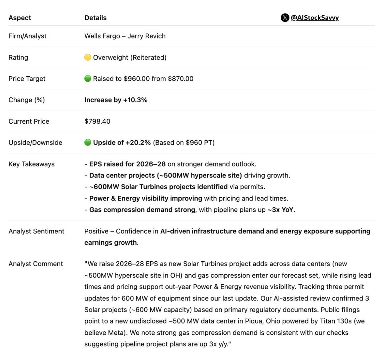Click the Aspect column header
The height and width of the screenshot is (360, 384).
point(20,18)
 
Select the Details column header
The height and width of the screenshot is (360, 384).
point(95,18)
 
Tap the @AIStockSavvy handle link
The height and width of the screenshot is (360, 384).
point(315,18)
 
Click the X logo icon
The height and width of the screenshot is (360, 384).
point(285,18)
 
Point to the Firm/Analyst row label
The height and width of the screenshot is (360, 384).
point(27,36)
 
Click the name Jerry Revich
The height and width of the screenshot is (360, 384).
point(147,36)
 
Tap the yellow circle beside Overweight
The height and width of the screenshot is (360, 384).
point(88,57)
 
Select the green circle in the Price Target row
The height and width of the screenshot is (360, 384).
point(88,78)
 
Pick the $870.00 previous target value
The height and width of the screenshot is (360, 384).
point(180,79)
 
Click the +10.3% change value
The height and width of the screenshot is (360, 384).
point(135,100)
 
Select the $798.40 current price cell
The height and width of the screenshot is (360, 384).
point(97,121)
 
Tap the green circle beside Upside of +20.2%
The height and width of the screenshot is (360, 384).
point(88,143)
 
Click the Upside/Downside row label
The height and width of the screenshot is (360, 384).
point(35,143)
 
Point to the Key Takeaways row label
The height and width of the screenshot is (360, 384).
point(31,164)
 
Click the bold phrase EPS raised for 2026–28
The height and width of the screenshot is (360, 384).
point(127,164)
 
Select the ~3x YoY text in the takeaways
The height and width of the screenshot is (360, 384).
point(280,210)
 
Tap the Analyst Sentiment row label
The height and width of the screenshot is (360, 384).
point(36,231)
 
